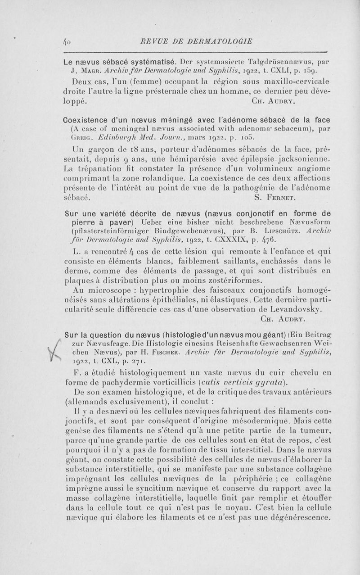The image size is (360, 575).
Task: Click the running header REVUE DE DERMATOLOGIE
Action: (191, 39)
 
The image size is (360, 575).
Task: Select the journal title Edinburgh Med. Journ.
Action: (127, 137)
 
